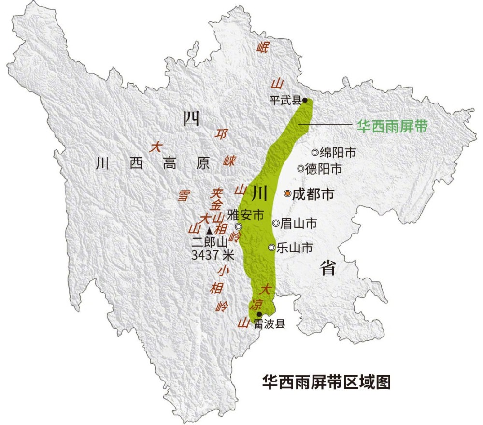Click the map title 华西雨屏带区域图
[x=326, y=381]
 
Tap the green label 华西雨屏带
[x=392, y=126]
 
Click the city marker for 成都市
[x=287, y=193]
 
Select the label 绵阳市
[x=338, y=153]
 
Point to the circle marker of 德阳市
[x=301, y=169]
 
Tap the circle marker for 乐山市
[x=272, y=248]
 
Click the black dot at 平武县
[x=305, y=101]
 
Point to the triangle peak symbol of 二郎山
[x=209, y=231]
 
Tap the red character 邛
[x=222, y=134]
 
